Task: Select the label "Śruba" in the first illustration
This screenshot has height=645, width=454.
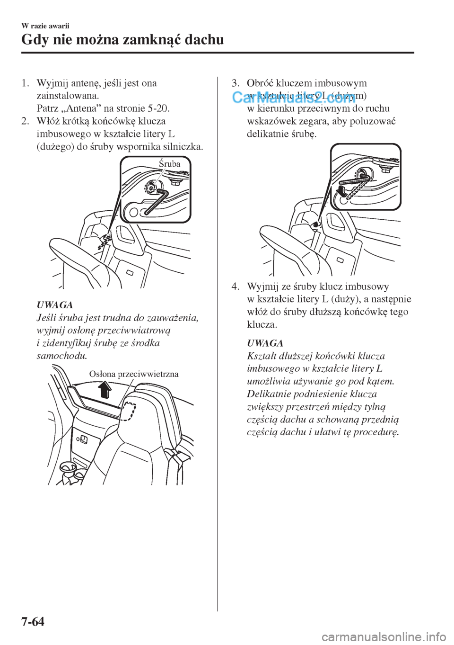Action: click(x=169, y=164)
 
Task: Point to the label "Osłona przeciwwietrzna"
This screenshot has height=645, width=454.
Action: click(x=134, y=374)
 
